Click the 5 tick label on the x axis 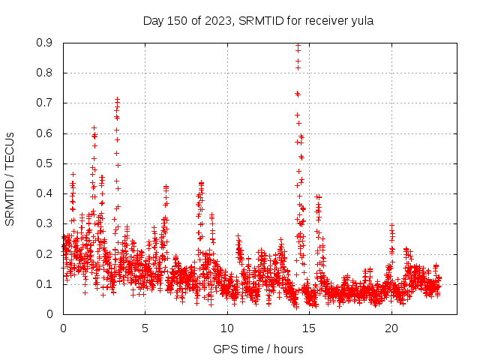click(145, 328)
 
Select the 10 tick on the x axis click(227, 328)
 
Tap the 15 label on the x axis click(309, 328)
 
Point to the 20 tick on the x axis click(391, 328)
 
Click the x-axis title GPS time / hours click(258, 349)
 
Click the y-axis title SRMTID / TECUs click(10, 178)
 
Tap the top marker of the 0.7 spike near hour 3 click(117, 99)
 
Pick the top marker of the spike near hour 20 click(391, 224)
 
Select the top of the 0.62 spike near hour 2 click(94, 127)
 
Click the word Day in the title click(153, 20)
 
